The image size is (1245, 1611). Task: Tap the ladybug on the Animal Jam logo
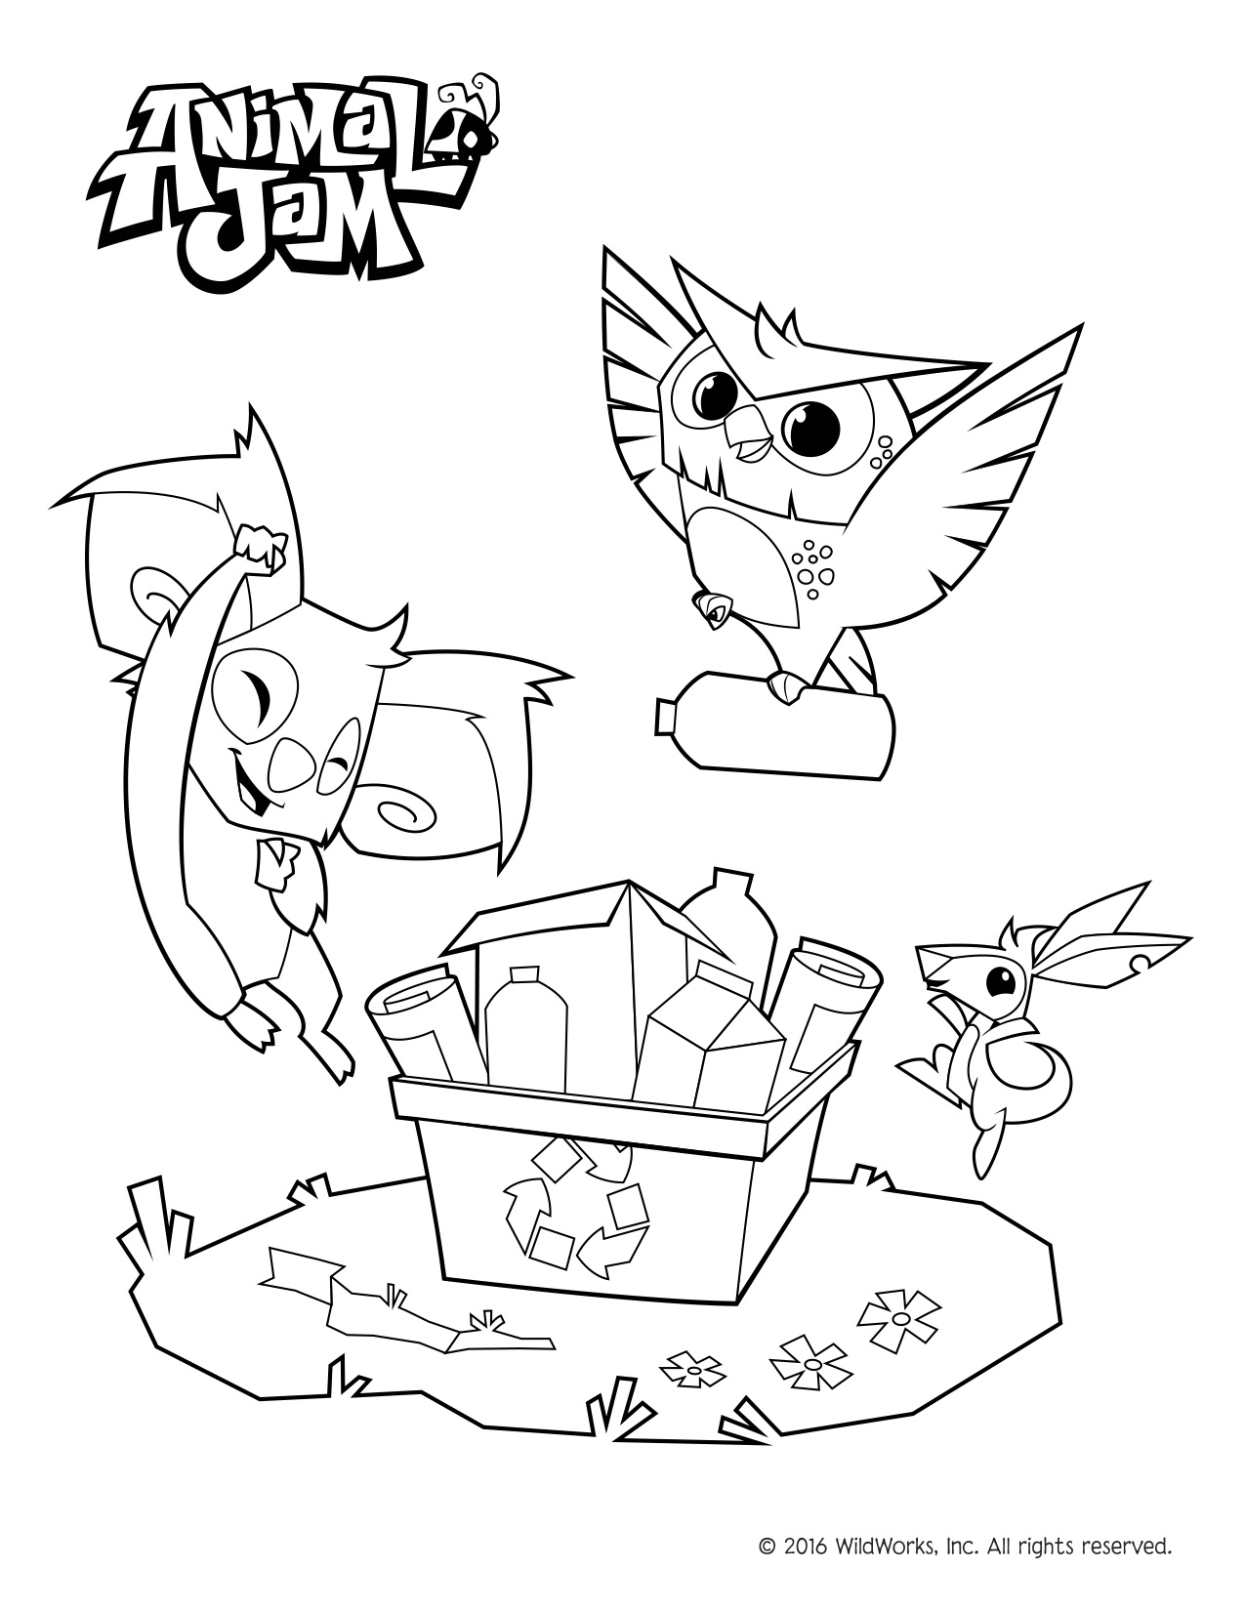473,138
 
